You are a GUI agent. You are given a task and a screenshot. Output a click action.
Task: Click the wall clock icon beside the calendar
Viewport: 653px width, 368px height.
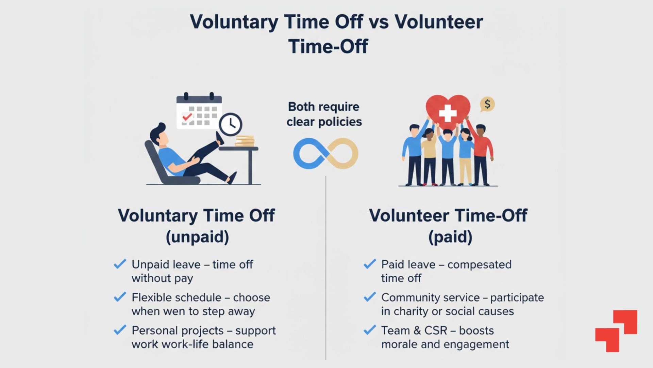pyautogui.click(x=231, y=124)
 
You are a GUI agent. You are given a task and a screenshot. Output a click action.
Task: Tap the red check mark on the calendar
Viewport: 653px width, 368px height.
pyautogui.click(x=187, y=117)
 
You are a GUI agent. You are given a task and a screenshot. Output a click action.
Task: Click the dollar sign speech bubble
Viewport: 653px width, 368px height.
pyautogui.click(x=487, y=104)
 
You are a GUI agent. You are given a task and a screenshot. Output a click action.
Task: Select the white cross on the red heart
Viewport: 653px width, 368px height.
pyautogui.click(x=448, y=113)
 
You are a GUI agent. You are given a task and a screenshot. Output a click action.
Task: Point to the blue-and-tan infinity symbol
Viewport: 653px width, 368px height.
pyautogui.click(x=325, y=153)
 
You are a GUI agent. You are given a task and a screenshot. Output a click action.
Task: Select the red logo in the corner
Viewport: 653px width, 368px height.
pyautogui.click(x=616, y=331)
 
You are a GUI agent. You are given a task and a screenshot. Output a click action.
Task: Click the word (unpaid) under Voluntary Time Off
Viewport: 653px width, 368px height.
pyautogui.click(x=197, y=237)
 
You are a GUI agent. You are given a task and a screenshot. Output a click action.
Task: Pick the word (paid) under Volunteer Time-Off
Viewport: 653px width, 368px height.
pyautogui.click(x=450, y=237)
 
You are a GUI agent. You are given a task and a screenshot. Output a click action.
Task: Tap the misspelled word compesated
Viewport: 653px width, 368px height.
pyautogui.click(x=479, y=265)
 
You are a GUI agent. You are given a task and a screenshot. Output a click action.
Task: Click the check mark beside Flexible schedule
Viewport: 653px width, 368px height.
pyautogui.click(x=120, y=297)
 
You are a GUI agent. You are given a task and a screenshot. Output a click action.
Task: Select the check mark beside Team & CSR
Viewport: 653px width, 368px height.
pyautogui.click(x=370, y=330)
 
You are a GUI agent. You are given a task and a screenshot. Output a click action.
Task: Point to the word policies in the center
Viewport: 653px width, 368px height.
pyautogui.click(x=340, y=122)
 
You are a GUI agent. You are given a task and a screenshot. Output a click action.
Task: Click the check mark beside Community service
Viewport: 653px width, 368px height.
pyautogui.click(x=370, y=297)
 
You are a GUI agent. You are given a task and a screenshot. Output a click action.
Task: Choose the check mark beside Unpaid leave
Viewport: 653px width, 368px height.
pyautogui.click(x=120, y=264)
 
